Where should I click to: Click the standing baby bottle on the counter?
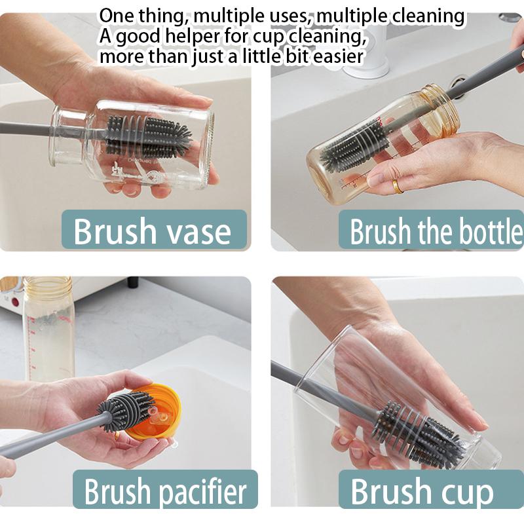tap(48, 327)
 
